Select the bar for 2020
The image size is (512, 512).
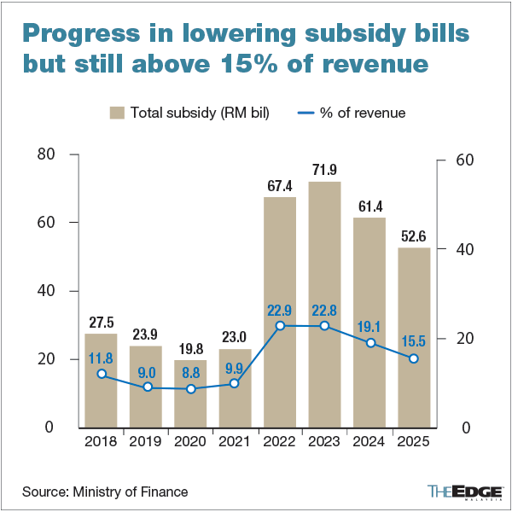[191, 393]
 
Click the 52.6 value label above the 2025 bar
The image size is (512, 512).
[413, 236]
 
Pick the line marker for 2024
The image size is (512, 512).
[369, 343]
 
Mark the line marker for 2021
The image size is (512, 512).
[236, 383]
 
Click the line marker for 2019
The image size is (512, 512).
[147, 387]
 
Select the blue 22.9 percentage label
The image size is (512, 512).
[280, 308]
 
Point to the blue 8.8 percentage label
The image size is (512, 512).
[191, 371]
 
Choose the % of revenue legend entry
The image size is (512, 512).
[352, 113]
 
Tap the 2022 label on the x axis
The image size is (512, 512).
[280, 442]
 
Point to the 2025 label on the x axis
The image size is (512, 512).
[413, 442]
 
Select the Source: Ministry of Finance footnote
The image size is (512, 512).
[105, 492]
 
